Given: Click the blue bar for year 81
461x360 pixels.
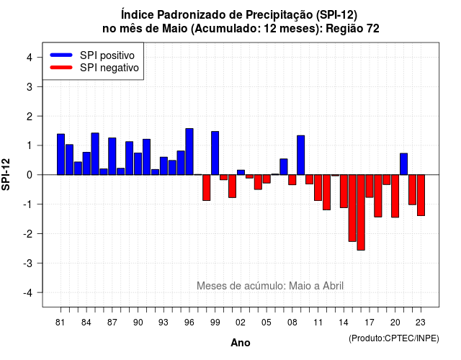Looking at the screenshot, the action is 61,154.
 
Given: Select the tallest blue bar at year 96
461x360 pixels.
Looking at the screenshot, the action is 189,152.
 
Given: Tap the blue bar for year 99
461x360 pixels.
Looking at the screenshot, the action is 215,153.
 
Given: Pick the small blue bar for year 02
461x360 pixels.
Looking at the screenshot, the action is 241,172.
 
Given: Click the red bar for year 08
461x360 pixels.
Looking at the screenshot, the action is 292,179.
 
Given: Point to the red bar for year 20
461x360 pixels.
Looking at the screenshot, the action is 395,196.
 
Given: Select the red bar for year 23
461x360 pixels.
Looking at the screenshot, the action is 421,195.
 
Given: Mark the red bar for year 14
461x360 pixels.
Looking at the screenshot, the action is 344,191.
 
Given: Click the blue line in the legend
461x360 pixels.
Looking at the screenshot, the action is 61,55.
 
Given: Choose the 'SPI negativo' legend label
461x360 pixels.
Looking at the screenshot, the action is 109,68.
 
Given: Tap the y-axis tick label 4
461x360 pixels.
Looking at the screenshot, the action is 30,58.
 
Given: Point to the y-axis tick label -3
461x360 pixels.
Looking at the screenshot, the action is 27,263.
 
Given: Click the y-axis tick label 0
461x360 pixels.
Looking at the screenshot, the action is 30,175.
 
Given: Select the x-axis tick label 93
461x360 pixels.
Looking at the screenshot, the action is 164,323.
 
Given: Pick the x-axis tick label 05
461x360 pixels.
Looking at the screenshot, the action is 267,323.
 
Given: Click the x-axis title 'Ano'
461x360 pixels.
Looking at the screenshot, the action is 241,343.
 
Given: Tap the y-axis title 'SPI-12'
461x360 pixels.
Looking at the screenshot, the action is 6,174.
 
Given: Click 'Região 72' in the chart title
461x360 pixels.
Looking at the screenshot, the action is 352,29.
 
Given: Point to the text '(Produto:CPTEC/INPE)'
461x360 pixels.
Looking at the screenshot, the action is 394,338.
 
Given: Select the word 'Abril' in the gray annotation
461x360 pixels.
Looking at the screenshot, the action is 333,286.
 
